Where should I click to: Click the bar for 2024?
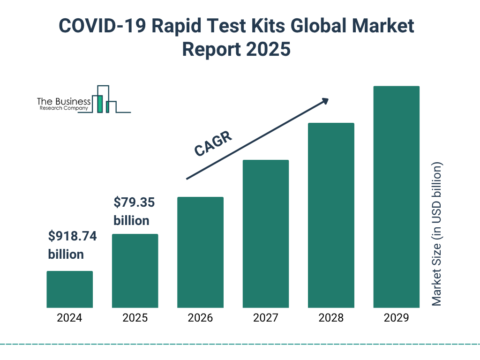click(69, 289)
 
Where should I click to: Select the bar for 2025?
click(135, 271)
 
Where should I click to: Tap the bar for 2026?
click(200, 252)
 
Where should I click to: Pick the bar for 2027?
click(266, 234)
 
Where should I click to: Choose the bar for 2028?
click(331, 215)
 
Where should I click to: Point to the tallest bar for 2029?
click(396, 197)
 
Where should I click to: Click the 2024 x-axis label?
click(69, 318)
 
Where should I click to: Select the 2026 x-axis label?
click(200, 318)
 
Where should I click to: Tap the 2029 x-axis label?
click(396, 318)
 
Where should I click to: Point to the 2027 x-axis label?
click(266, 318)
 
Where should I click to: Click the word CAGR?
click(213, 143)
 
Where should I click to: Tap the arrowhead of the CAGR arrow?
click(324, 101)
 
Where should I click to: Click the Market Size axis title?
click(437, 234)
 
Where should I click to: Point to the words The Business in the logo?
click(64, 102)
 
